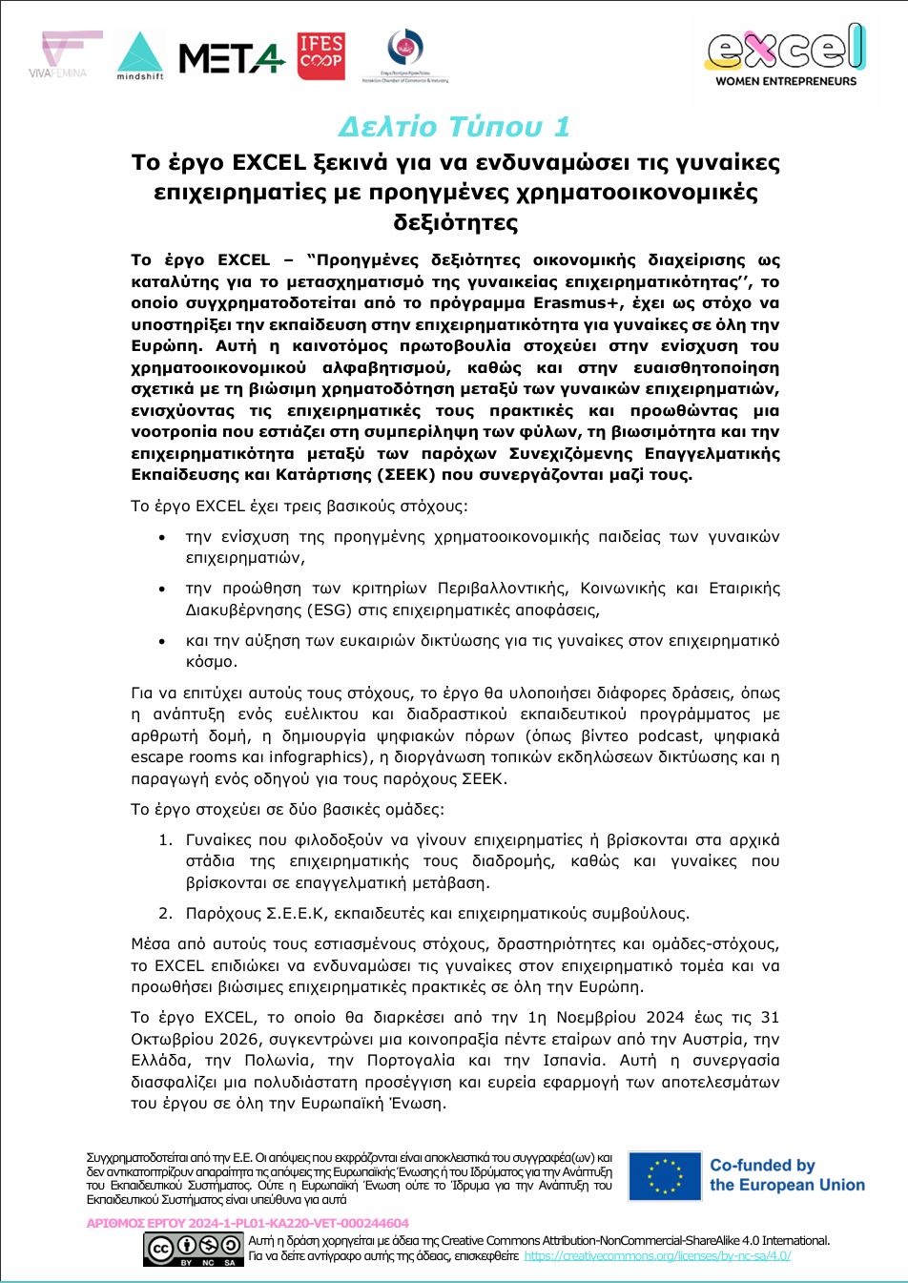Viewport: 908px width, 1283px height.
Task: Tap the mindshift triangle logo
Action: coord(140,55)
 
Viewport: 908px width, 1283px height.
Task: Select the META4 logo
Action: coord(231,59)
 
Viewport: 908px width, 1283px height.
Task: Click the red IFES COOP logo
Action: coord(321,56)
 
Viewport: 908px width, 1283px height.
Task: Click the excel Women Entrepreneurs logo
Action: coord(786,55)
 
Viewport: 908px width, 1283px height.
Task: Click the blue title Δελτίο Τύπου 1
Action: coord(454,126)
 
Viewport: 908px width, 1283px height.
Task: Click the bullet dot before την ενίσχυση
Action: coord(163,538)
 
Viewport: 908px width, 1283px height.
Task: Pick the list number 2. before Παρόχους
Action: coord(165,914)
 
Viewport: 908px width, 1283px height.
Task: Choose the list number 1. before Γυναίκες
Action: coord(165,840)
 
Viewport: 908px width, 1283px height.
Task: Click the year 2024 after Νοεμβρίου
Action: coord(666,1018)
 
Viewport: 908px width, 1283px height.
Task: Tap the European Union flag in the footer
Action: coord(664,1176)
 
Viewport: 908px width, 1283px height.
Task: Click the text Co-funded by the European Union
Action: coord(787,1175)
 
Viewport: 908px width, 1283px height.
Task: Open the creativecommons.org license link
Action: coord(657,1256)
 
